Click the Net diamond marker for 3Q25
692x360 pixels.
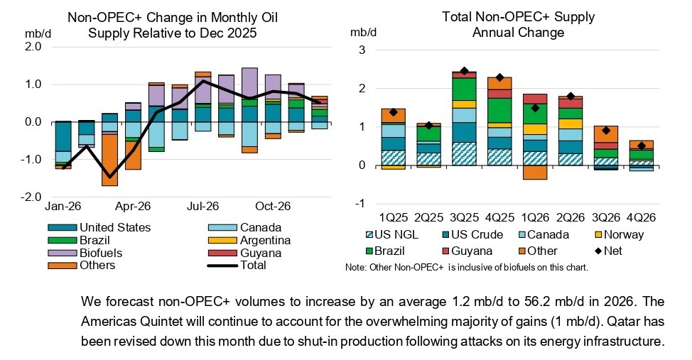[x=465, y=71]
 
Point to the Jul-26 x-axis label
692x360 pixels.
[x=202, y=207]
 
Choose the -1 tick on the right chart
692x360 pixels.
[x=362, y=204]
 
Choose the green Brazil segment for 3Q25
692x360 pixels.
[x=465, y=88]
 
